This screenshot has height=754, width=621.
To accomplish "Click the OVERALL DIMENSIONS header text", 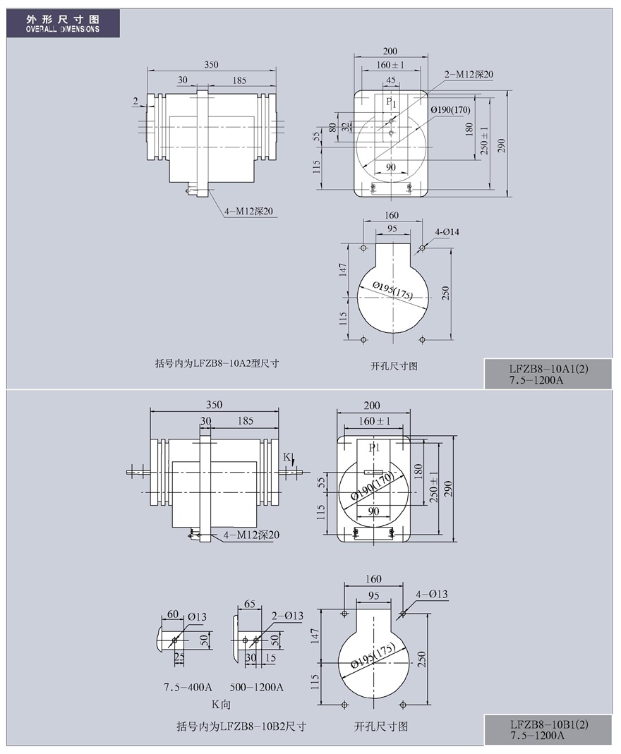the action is [63, 29].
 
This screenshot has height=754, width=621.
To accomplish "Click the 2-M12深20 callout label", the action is [469, 74].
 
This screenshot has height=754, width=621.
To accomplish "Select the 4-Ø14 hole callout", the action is [447, 232].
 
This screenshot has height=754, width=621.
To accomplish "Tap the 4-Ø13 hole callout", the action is [431, 594].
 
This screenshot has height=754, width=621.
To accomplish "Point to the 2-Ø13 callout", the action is [287, 616].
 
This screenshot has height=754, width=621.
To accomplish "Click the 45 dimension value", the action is [391, 80].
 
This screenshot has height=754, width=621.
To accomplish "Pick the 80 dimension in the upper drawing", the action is [332, 128].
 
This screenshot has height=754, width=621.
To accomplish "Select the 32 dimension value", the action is [345, 127].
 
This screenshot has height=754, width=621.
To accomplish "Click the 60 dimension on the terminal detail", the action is [173, 614].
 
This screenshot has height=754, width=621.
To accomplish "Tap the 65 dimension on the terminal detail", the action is [250, 604].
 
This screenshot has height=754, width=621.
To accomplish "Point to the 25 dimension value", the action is [179, 657].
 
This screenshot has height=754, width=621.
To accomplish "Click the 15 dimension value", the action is [270, 657].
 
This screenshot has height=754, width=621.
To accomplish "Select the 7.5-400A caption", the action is [188, 687].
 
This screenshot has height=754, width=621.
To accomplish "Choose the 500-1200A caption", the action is [256, 687].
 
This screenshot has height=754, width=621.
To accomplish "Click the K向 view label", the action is [222, 705].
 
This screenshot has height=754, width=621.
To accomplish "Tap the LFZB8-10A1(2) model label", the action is [548, 370].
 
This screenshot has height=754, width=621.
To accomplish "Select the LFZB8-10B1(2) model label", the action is [549, 724].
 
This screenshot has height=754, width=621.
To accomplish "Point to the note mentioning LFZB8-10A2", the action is [217, 363].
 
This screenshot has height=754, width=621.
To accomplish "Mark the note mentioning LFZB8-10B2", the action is [241, 726].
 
